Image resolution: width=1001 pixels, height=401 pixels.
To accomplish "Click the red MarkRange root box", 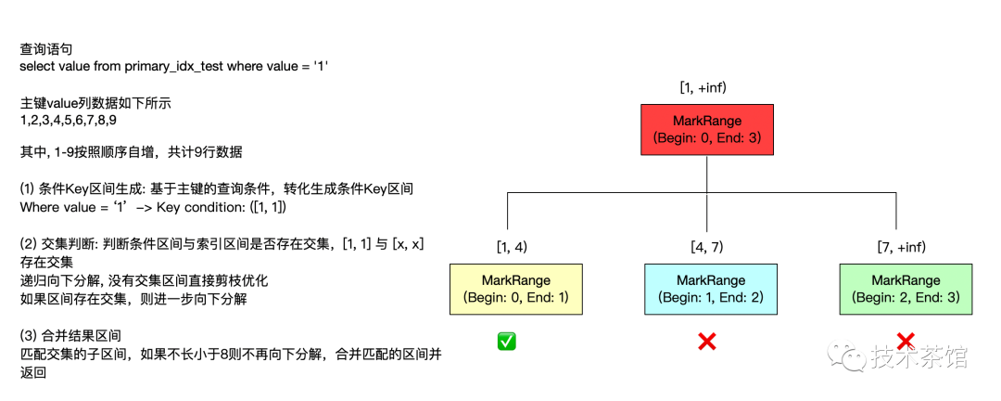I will coord(707,129).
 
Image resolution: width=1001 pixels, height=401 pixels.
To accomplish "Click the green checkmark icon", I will coord(506,342).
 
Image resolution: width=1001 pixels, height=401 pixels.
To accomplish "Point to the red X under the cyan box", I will coord(706,342).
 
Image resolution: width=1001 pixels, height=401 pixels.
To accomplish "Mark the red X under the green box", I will coord(906,342).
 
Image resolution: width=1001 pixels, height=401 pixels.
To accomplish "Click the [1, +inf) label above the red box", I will coord(703,86).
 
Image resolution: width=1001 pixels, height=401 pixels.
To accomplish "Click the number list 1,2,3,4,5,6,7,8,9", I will coord(68,120).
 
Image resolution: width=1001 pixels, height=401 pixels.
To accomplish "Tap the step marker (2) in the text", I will coord(28,243).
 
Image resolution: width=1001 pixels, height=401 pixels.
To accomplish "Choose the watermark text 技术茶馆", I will coord(917,356).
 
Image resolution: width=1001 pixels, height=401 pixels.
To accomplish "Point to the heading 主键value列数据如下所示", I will coord(95,103).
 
